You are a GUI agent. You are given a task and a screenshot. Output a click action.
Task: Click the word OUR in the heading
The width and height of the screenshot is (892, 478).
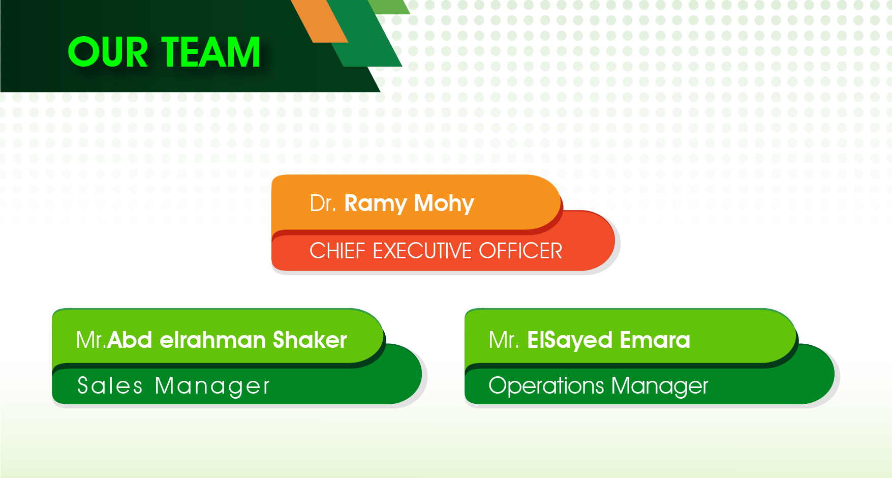tap(108, 52)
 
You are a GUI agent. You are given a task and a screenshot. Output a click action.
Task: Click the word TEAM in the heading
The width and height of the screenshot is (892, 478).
tap(211, 52)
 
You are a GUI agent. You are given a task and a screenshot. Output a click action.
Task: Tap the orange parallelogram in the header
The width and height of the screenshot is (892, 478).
tap(320, 21)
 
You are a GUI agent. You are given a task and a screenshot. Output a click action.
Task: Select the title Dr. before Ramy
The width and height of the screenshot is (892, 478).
tap(323, 203)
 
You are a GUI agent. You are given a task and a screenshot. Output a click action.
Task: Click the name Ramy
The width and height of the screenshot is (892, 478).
tap(376, 204)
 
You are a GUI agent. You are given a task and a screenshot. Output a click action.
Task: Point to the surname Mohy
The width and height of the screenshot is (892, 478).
tap(444, 204)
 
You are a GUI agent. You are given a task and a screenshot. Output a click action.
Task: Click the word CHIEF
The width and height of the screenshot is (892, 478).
tap(337, 251)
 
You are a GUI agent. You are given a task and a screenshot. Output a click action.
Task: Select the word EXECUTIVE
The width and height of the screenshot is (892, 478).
tap(423, 251)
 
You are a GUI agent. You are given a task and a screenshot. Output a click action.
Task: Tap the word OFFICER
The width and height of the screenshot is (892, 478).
tap(520, 251)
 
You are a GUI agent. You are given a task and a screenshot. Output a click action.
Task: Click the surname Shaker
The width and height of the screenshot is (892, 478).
tap(310, 340)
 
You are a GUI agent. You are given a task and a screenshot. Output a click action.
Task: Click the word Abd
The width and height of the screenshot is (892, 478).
tap(130, 340)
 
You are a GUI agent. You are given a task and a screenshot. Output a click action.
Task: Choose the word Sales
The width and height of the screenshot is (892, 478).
tap(110, 385)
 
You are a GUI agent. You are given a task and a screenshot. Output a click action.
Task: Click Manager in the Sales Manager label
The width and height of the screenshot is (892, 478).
tap(212, 386)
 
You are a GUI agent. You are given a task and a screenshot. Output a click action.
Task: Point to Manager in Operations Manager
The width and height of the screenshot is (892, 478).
tap(660, 386)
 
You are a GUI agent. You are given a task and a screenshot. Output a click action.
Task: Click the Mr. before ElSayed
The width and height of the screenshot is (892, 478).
tap(504, 340)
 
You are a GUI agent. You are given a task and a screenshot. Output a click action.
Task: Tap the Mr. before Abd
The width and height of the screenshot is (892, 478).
tap(91, 340)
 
